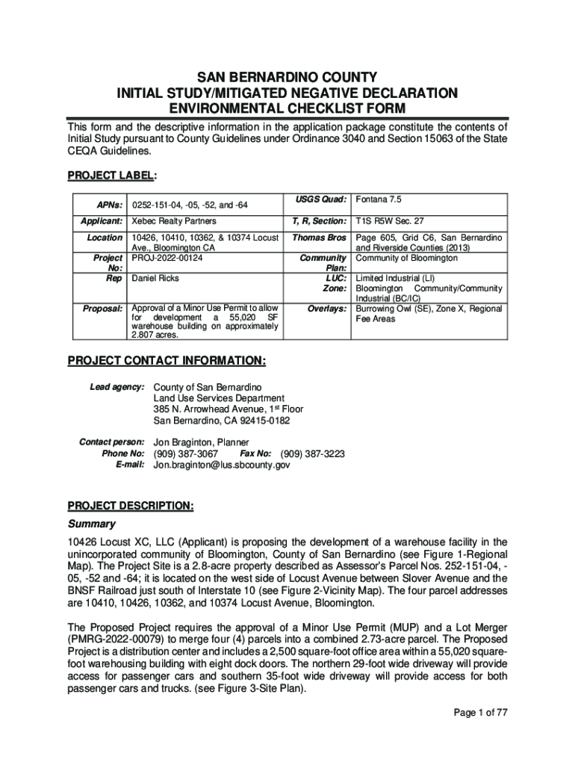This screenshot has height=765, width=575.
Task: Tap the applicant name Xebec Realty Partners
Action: click(x=174, y=221)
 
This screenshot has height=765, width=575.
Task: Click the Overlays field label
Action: click(x=327, y=308)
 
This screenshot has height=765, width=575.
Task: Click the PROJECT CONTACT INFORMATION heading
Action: click(x=167, y=362)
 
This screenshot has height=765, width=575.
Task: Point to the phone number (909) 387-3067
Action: click(x=185, y=453)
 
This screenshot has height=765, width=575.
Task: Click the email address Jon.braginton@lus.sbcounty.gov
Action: click(x=221, y=465)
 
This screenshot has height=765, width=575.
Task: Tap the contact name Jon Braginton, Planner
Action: click(x=201, y=442)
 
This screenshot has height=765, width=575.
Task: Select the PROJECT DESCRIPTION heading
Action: click(x=131, y=506)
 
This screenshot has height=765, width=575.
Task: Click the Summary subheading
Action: click(x=92, y=524)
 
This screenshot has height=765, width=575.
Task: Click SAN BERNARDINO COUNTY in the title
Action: click(x=287, y=77)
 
